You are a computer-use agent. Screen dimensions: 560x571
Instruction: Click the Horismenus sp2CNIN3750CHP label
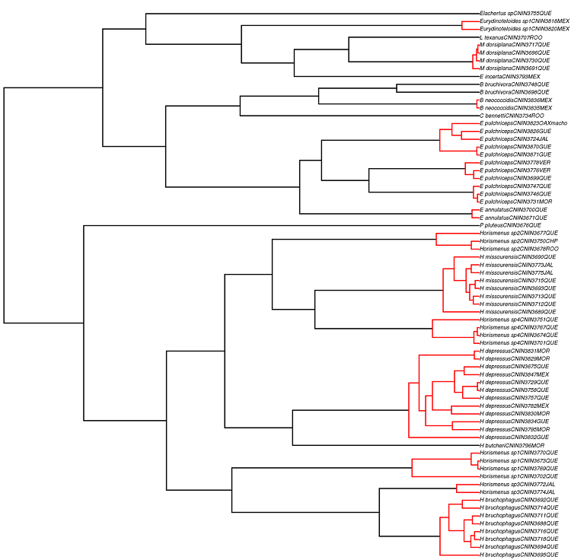click(x=518, y=240)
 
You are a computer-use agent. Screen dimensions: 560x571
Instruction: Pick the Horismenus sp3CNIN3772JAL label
click(x=518, y=484)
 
